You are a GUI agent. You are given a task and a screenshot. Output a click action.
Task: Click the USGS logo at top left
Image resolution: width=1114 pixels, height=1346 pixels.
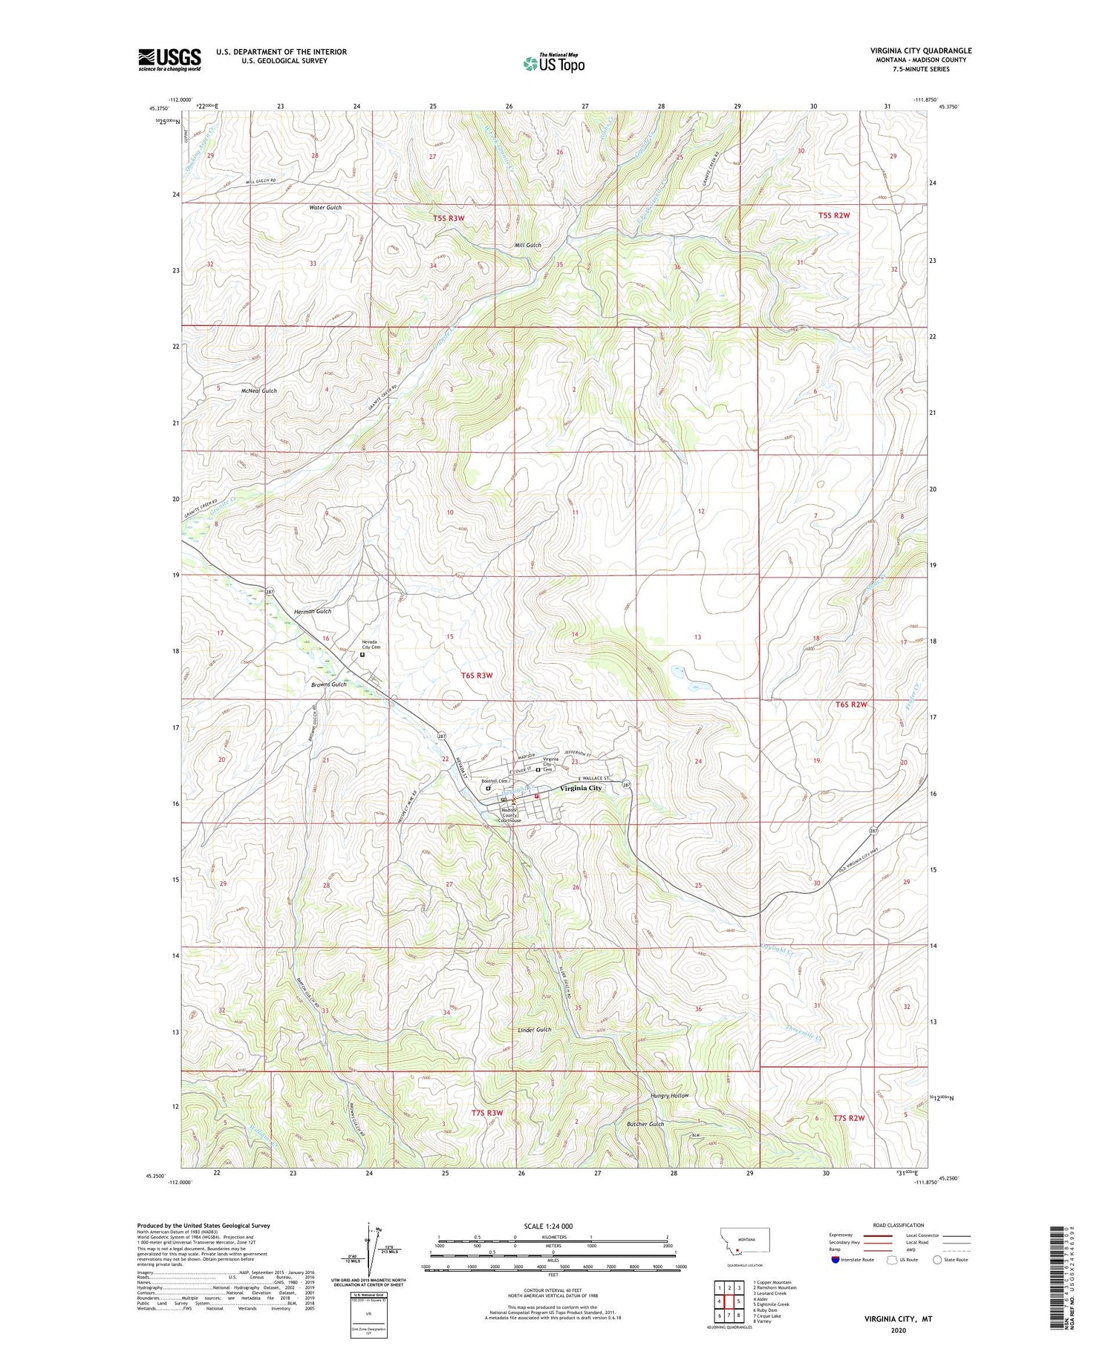169,59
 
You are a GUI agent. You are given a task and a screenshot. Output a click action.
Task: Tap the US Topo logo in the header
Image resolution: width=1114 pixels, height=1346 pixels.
553,63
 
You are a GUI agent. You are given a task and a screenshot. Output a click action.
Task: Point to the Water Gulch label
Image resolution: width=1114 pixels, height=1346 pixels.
325,208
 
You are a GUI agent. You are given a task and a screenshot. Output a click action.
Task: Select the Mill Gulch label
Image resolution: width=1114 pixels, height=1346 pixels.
527,245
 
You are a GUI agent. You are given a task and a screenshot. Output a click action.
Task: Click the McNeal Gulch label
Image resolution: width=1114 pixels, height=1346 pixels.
258,391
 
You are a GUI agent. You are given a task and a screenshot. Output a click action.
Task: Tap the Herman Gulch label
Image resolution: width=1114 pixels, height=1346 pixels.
312,611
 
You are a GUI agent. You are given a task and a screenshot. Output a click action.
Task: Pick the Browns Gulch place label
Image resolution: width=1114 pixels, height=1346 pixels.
328,684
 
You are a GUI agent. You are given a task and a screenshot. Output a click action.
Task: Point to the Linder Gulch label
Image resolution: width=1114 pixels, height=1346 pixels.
535,1030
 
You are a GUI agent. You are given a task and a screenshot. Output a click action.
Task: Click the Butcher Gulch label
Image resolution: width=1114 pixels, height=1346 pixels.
646,1124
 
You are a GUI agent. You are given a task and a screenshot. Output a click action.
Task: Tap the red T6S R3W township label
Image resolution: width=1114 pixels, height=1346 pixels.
477,675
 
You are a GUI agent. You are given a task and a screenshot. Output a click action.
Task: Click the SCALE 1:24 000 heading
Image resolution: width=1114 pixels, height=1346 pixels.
553,1226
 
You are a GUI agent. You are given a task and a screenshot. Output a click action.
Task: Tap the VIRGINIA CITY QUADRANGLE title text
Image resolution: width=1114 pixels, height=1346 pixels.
921,50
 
